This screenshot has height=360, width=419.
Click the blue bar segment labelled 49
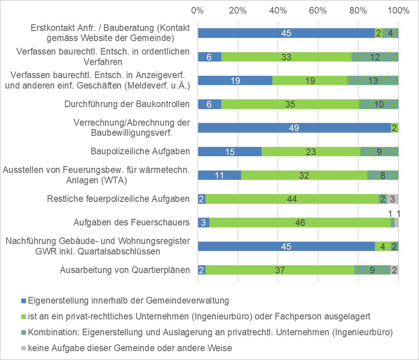pos(294,128)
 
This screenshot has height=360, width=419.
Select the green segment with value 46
pos(300,223)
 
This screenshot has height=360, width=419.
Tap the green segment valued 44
pos(292,199)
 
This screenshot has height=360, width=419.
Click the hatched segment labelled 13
pos(373,81)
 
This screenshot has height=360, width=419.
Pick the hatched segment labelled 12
pos(375,57)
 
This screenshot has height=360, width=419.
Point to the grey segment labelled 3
pos(392,199)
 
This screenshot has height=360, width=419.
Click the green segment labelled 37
pos(280,270)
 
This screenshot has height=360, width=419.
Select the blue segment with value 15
pos(229,151)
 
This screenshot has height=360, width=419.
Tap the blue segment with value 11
pos(219,175)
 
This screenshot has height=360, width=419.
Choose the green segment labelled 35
pos(290,104)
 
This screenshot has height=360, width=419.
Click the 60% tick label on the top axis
pos(318,10)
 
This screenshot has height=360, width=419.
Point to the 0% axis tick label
pos(198,10)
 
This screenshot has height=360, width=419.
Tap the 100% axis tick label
pos(398,10)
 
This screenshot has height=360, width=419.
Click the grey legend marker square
pos(23,348)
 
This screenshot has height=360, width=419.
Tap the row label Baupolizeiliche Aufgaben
pos(140,151)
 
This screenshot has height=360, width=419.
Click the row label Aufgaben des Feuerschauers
pos(132,223)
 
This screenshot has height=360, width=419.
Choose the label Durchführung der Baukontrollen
pos(127,104)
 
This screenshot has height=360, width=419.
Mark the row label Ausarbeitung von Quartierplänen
pos(125,270)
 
